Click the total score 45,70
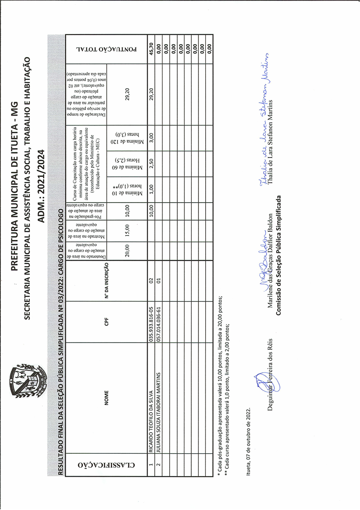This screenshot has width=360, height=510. (x=151, y=48)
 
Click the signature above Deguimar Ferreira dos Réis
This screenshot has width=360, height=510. (x=261, y=381)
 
